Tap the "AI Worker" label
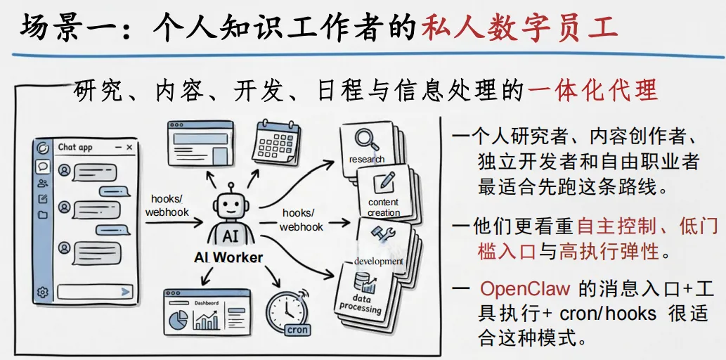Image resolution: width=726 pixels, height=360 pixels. tap(228, 257)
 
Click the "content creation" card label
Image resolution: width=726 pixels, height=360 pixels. tap(384, 207)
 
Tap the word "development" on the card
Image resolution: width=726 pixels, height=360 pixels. tap(378, 262)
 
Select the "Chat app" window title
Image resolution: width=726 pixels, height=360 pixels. tap(75, 147)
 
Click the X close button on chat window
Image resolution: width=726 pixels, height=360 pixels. tap(129, 147)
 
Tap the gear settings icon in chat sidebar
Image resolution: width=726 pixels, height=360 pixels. tap(43, 292)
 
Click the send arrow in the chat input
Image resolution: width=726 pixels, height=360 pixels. tap(126, 291)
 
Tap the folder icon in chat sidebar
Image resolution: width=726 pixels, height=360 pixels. tap(43, 215)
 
